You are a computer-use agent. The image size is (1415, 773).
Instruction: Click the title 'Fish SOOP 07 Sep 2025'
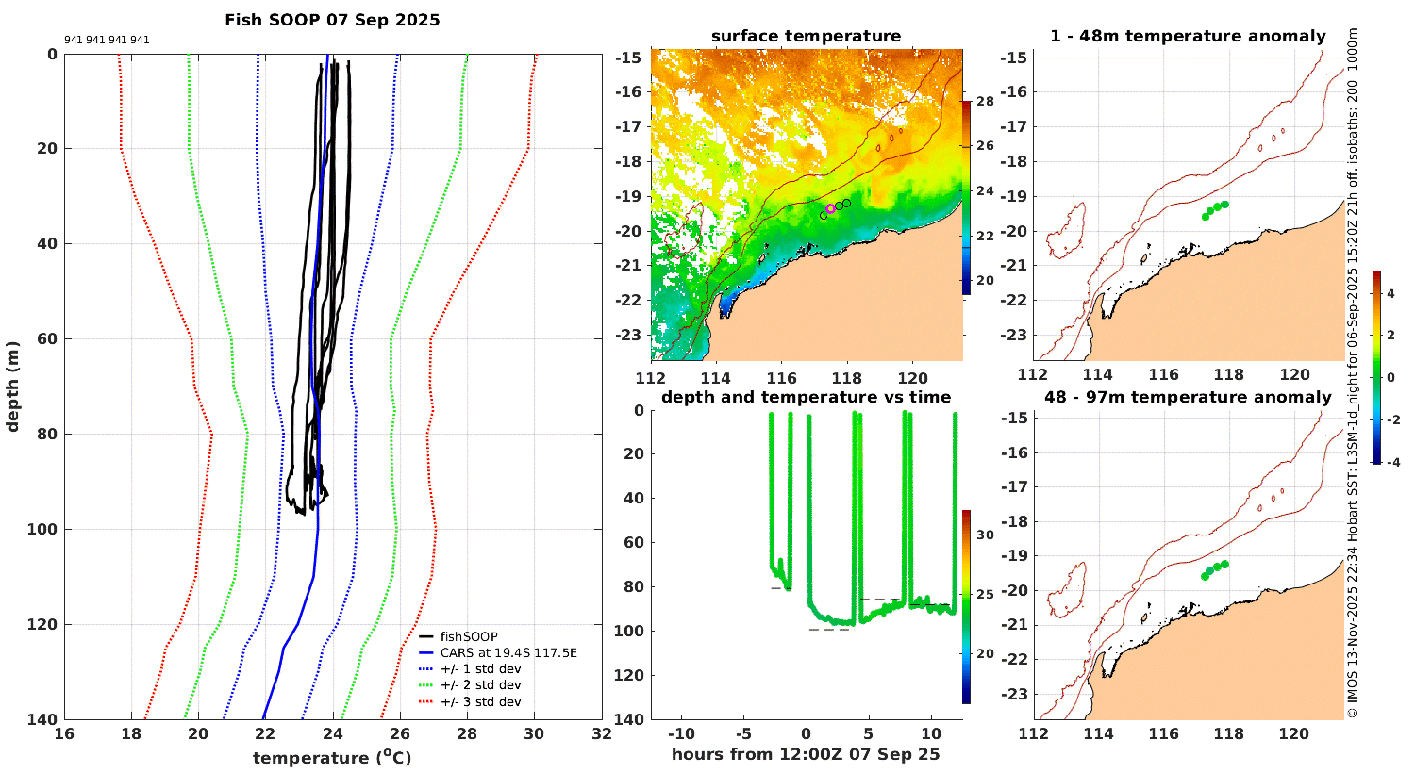pyautogui.click(x=332, y=20)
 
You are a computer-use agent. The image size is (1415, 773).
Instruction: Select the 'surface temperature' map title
pyautogui.click(x=806, y=37)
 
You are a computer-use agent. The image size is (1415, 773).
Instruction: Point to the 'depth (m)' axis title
pyautogui.click(x=12, y=386)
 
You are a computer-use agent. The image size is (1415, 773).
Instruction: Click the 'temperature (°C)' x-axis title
pyautogui.click(x=332, y=758)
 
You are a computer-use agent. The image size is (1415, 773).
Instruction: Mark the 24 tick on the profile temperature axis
pyautogui.click(x=333, y=734)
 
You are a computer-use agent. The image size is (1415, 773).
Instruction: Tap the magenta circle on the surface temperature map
pyautogui.click(x=830, y=208)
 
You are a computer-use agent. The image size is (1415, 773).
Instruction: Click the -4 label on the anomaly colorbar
pyautogui.click(x=1391, y=462)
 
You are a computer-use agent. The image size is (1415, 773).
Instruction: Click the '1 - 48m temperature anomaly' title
pyautogui.click(x=1188, y=37)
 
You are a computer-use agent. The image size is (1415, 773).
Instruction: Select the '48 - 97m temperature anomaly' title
pyautogui.click(x=1188, y=397)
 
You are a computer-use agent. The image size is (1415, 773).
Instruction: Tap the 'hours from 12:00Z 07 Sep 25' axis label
pyautogui.click(x=806, y=754)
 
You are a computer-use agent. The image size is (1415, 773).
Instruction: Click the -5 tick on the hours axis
pyautogui.click(x=742, y=734)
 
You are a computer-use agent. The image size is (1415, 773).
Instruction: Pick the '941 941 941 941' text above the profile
pyautogui.click(x=107, y=41)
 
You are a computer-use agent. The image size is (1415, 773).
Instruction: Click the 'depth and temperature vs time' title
pyautogui.click(x=806, y=397)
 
